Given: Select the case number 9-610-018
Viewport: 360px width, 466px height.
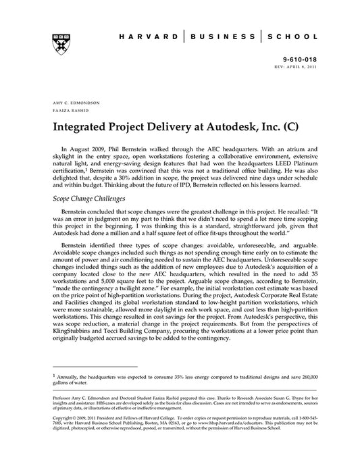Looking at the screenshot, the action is (x=299, y=59).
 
